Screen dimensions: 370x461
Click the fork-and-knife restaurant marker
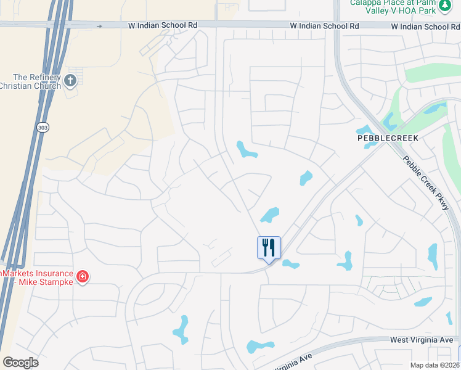click(x=269, y=248)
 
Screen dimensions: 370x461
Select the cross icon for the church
click(x=70, y=80)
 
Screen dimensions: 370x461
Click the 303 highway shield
click(x=43, y=127)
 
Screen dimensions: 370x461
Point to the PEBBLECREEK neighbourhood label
click(x=387, y=138)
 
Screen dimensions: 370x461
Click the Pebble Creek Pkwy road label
click(x=426, y=183)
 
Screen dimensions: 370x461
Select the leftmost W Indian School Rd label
click(x=163, y=26)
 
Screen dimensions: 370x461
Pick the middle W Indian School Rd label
click(x=325, y=27)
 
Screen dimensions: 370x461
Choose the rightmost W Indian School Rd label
click(x=425, y=27)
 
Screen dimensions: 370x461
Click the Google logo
click(x=20, y=363)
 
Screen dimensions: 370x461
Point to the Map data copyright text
click(x=435, y=365)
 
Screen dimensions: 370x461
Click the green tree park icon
click(x=445, y=5)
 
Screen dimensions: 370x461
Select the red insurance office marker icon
click(x=83, y=276)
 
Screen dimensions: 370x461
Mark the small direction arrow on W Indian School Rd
click(x=99, y=26)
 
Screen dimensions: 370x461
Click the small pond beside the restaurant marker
click(x=290, y=265)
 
